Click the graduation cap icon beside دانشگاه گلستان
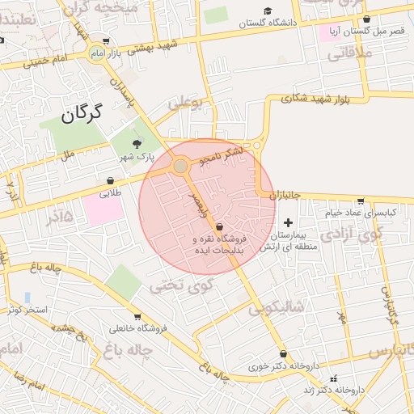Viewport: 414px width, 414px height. [268, 11]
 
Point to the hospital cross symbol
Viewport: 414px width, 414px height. [288, 222]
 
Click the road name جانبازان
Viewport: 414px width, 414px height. [284, 195]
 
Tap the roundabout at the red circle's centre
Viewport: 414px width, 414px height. [180, 167]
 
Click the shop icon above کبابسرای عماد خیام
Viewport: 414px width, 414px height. [361, 201]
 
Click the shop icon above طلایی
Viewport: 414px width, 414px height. [110, 181]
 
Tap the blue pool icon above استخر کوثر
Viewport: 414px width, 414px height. [27, 298]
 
